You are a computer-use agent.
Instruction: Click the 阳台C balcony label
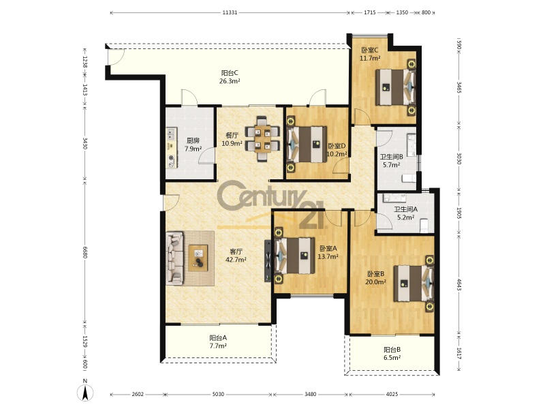[230, 74]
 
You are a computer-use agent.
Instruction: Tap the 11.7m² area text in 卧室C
[370, 59]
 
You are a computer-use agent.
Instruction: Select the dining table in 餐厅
[262, 139]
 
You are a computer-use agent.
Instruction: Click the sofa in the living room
[174, 258]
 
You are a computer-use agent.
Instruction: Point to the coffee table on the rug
[198, 258]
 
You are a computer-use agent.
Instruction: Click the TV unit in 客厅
[268, 260]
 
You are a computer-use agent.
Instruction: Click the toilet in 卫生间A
[424, 226]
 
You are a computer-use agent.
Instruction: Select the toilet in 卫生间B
[408, 179]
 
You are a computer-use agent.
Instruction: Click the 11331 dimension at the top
[230, 12]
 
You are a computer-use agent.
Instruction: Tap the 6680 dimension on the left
[84, 252]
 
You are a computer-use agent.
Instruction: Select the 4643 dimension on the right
[458, 284]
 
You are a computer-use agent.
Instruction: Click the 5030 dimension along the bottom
[218, 394]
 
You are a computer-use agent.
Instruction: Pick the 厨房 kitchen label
[193, 141]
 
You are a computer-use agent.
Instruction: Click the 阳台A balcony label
[218, 337]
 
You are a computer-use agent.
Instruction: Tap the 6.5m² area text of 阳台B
[392, 358]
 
